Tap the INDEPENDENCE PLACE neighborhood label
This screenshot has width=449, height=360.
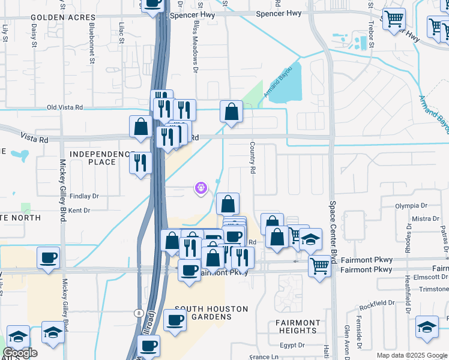tap(101, 158)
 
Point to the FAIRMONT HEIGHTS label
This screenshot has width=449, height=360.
tap(298, 326)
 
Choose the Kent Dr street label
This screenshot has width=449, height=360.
tap(79, 211)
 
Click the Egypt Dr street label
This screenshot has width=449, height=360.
tap(294, 345)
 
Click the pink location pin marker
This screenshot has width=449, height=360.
tap(200, 188)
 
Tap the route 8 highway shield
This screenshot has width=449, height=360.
tap(138, 313)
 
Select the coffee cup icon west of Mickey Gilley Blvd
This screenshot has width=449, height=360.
tap(48, 258)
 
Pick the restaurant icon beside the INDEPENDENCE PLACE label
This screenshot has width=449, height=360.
tap(140, 163)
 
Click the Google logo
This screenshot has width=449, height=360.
tap(20, 353)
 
